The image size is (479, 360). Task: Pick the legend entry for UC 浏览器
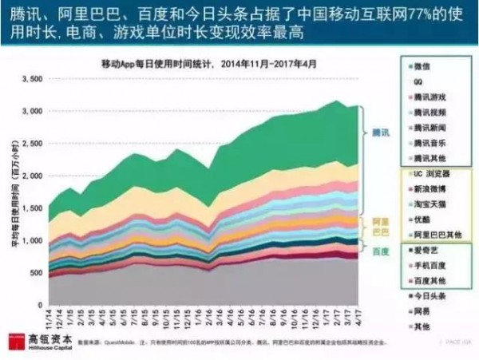[x=431, y=173]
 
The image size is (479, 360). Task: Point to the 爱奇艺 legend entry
[x=424, y=249]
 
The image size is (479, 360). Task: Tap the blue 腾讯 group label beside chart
[x=381, y=132]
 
